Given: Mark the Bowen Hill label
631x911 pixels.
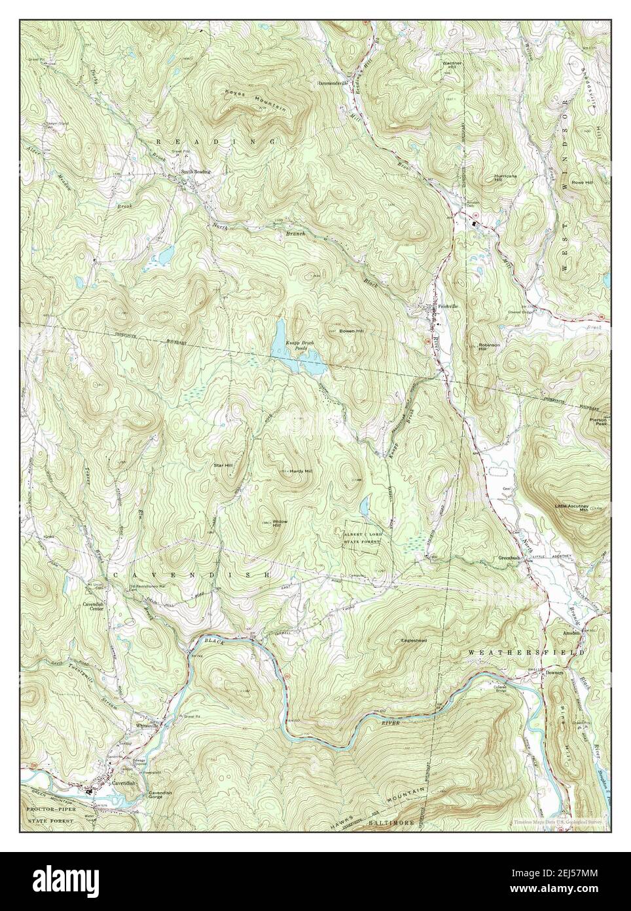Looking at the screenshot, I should [351, 332].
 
